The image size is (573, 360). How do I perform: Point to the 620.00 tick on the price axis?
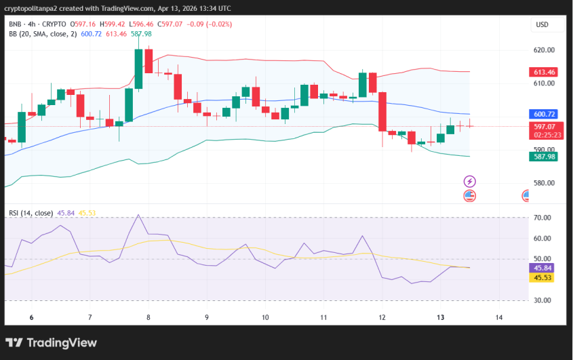tap(544, 50)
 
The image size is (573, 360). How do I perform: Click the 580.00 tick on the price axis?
tap(544, 183)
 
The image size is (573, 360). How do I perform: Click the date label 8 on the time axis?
tap(148, 317)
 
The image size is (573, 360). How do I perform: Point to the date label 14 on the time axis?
tap(499, 317)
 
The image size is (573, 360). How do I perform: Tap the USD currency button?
tap(542, 24)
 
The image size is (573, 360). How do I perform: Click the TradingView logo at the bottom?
tap(52, 342)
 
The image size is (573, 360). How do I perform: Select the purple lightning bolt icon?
tap(469, 181)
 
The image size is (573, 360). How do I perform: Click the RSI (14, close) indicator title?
tap(31, 213)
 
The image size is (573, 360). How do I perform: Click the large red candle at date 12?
tap(382, 112)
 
